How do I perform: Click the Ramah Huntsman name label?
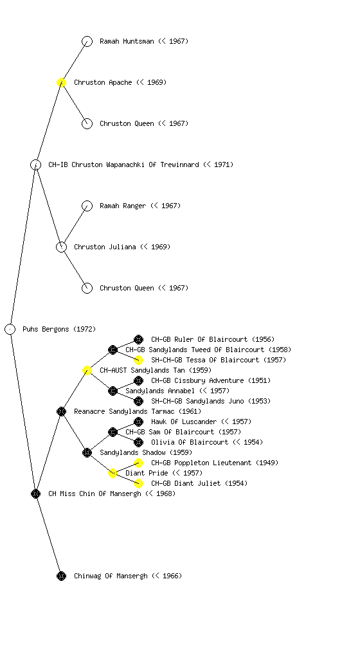[x=144, y=41]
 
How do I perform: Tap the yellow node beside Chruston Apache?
[x=61, y=82]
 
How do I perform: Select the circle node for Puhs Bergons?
[x=10, y=329]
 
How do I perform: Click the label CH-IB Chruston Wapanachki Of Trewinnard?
[x=141, y=164]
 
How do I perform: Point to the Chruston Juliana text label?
[x=122, y=247]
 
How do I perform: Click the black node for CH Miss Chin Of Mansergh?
[x=35, y=493]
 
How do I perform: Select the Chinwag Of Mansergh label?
[x=128, y=576]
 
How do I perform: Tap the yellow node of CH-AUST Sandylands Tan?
[x=87, y=370]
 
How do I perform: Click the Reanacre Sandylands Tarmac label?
[x=138, y=411]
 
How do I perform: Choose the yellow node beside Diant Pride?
[x=113, y=473]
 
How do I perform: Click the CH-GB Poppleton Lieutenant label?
[x=215, y=463]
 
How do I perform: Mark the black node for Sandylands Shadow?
[x=87, y=452]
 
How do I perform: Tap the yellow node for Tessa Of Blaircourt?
[x=138, y=360]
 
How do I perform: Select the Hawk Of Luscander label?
[x=201, y=422]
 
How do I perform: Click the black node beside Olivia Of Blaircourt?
[x=138, y=442]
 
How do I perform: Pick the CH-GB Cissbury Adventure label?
[x=211, y=380]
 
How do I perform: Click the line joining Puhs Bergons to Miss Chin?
[x=23, y=411]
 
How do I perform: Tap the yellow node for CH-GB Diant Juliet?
[x=138, y=483]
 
